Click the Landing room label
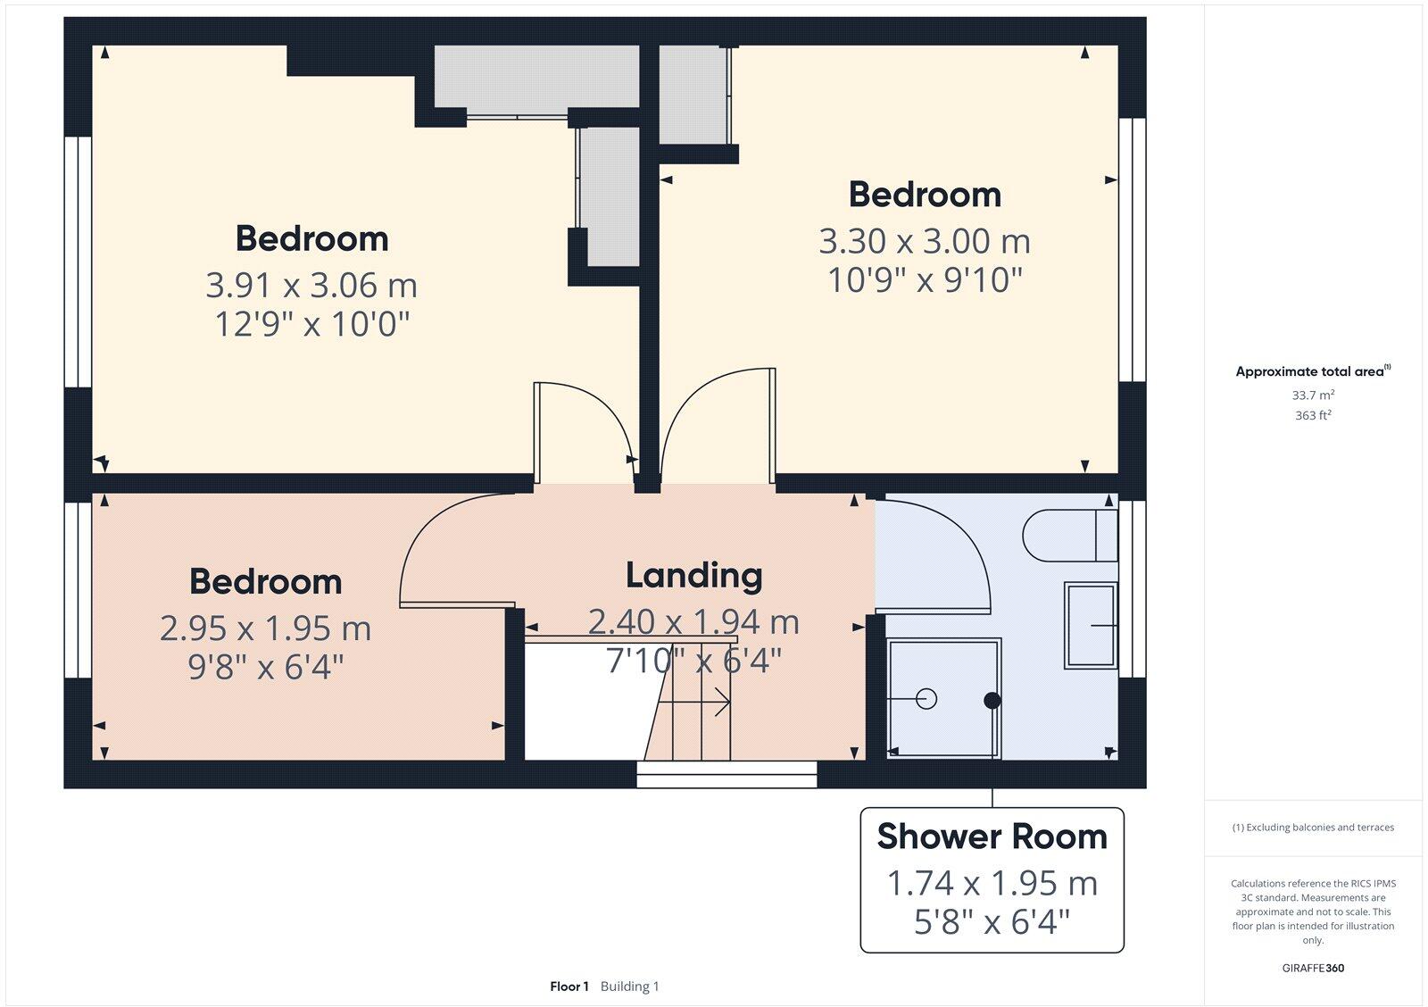[x=693, y=576]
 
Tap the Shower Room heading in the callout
[x=992, y=836]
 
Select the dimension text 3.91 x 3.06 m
[x=311, y=286]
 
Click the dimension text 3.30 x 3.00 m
[x=925, y=241]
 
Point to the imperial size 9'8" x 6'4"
[x=265, y=666]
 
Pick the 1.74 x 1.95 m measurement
[x=992, y=883]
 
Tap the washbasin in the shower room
[x=1090, y=625]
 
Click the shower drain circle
[x=926, y=699]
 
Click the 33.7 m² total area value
[x=1313, y=395]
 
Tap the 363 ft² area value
[x=1313, y=415]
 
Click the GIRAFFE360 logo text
[x=1313, y=968]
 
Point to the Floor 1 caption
[x=569, y=986]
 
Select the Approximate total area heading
[x=1309, y=371]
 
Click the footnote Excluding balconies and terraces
[x=1313, y=828]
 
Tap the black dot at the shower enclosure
[x=992, y=701]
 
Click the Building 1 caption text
[x=629, y=986]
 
